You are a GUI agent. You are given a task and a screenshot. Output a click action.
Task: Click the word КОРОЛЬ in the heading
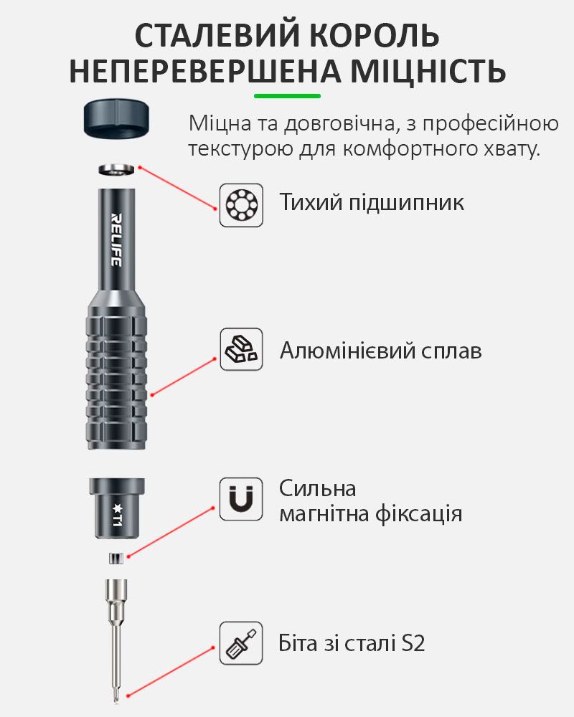375,36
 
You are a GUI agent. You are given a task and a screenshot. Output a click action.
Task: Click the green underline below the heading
288,96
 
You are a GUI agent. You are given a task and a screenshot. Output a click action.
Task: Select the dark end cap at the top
117,119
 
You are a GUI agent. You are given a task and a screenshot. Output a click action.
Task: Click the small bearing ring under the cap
117,169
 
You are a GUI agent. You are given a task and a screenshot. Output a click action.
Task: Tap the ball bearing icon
241,205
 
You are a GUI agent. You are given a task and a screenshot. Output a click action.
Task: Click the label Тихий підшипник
372,202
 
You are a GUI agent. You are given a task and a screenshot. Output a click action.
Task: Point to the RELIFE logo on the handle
116,239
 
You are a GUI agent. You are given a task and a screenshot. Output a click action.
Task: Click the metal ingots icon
241,349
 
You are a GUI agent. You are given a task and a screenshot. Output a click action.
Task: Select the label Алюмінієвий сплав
381,351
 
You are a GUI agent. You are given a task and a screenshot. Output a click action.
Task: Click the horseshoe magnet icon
241,499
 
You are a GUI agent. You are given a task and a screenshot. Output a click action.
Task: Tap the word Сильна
318,488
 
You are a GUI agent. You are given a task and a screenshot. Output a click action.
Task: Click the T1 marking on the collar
117,514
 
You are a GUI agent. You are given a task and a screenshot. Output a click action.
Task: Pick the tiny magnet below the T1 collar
116,559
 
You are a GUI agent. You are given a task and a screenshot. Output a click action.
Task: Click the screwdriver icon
241,643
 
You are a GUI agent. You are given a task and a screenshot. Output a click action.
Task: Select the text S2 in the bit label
413,643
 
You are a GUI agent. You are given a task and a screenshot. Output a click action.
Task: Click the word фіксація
418,514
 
